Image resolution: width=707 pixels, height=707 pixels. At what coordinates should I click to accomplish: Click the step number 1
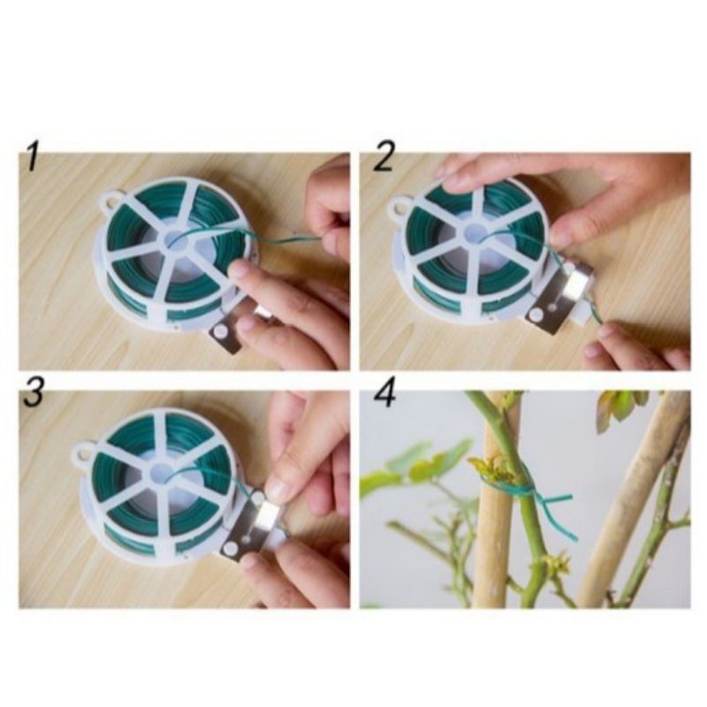(32, 156)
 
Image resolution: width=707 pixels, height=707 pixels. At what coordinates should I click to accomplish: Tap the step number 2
(383, 156)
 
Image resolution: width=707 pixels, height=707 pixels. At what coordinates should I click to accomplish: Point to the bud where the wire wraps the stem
(490, 468)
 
